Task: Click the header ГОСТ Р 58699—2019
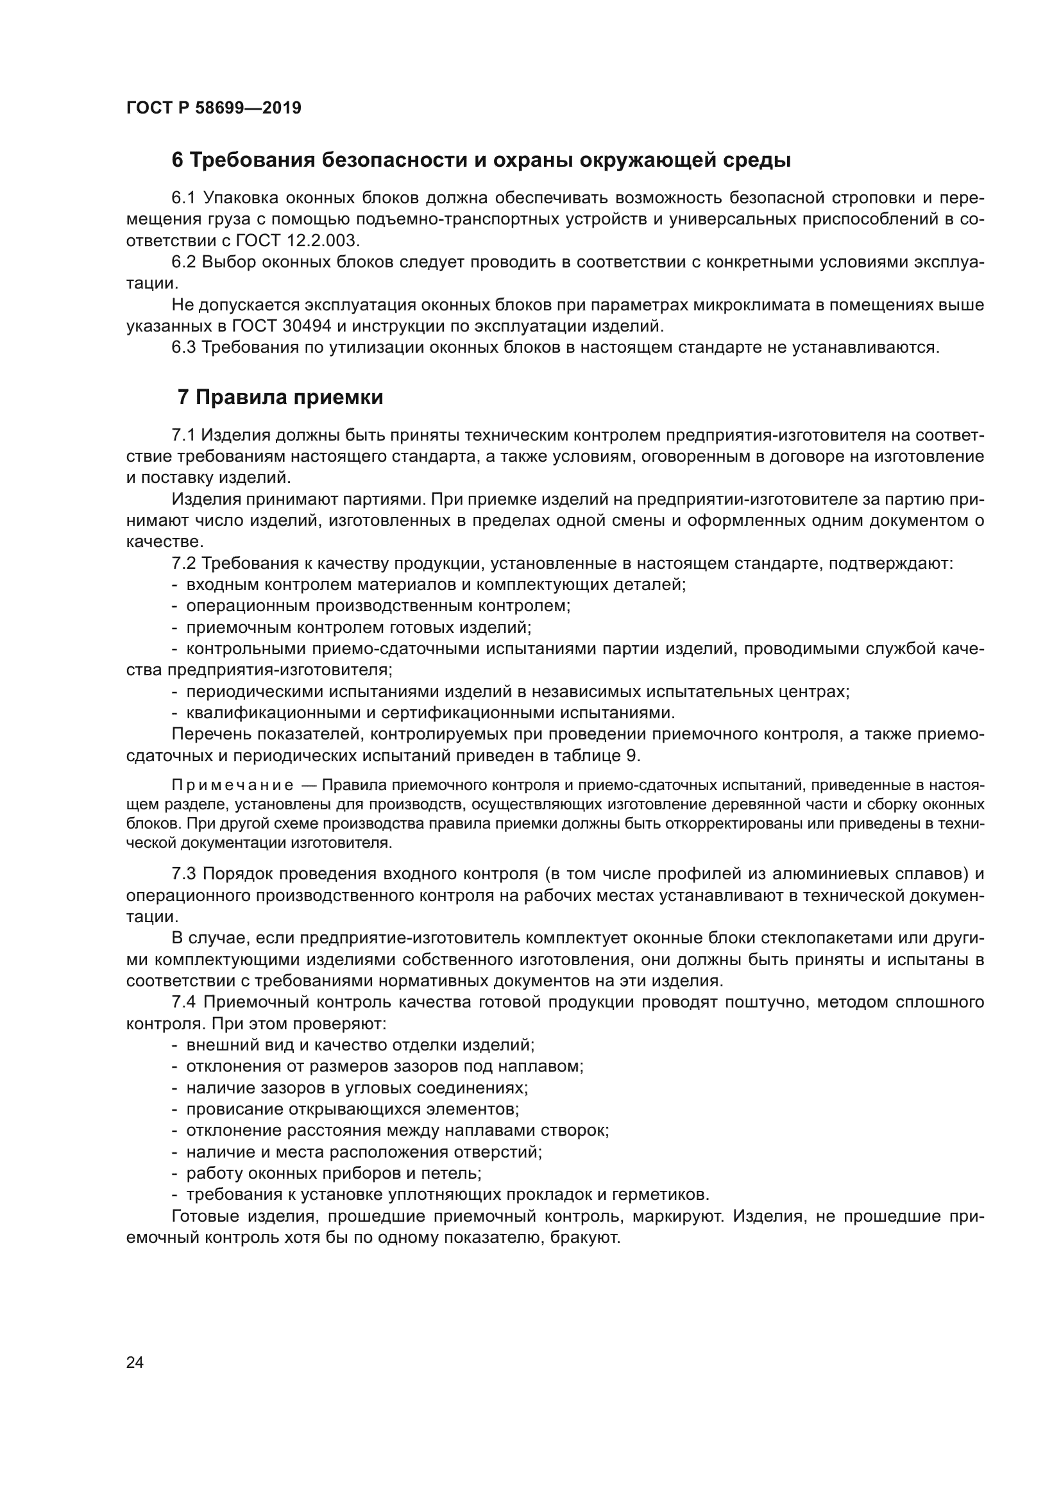point(214,108)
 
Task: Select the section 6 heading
point(481,160)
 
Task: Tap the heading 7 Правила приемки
point(280,397)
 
